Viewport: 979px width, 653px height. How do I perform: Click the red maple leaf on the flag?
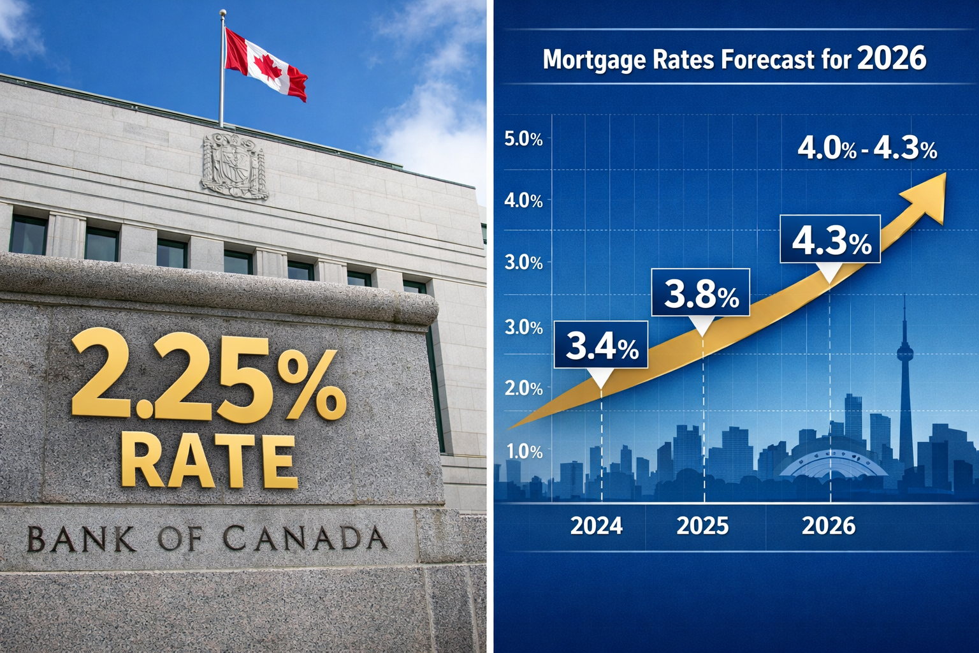click(x=268, y=66)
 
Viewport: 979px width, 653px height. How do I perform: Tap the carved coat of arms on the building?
click(x=233, y=166)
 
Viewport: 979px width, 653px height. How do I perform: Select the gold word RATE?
click(x=208, y=460)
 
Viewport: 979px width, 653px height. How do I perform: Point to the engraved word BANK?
click(x=81, y=539)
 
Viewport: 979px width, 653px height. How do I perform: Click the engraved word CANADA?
click(x=305, y=538)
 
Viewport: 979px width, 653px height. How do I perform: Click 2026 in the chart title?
click(x=892, y=59)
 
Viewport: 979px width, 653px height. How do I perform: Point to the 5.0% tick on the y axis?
click(x=523, y=139)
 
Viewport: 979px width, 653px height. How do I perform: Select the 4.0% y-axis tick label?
click(x=523, y=201)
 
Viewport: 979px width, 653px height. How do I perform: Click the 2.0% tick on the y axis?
click(x=523, y=388)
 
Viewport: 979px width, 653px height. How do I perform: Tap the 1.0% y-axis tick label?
click(x=524, y=451)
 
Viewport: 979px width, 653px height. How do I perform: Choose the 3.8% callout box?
click(x=700, y=293)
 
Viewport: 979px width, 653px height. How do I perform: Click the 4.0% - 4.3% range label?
click(x=867, y=149)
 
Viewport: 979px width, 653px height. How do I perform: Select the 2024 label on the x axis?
click(x=596, y=525)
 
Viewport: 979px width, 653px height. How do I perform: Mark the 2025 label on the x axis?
click(x=702, y=525)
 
